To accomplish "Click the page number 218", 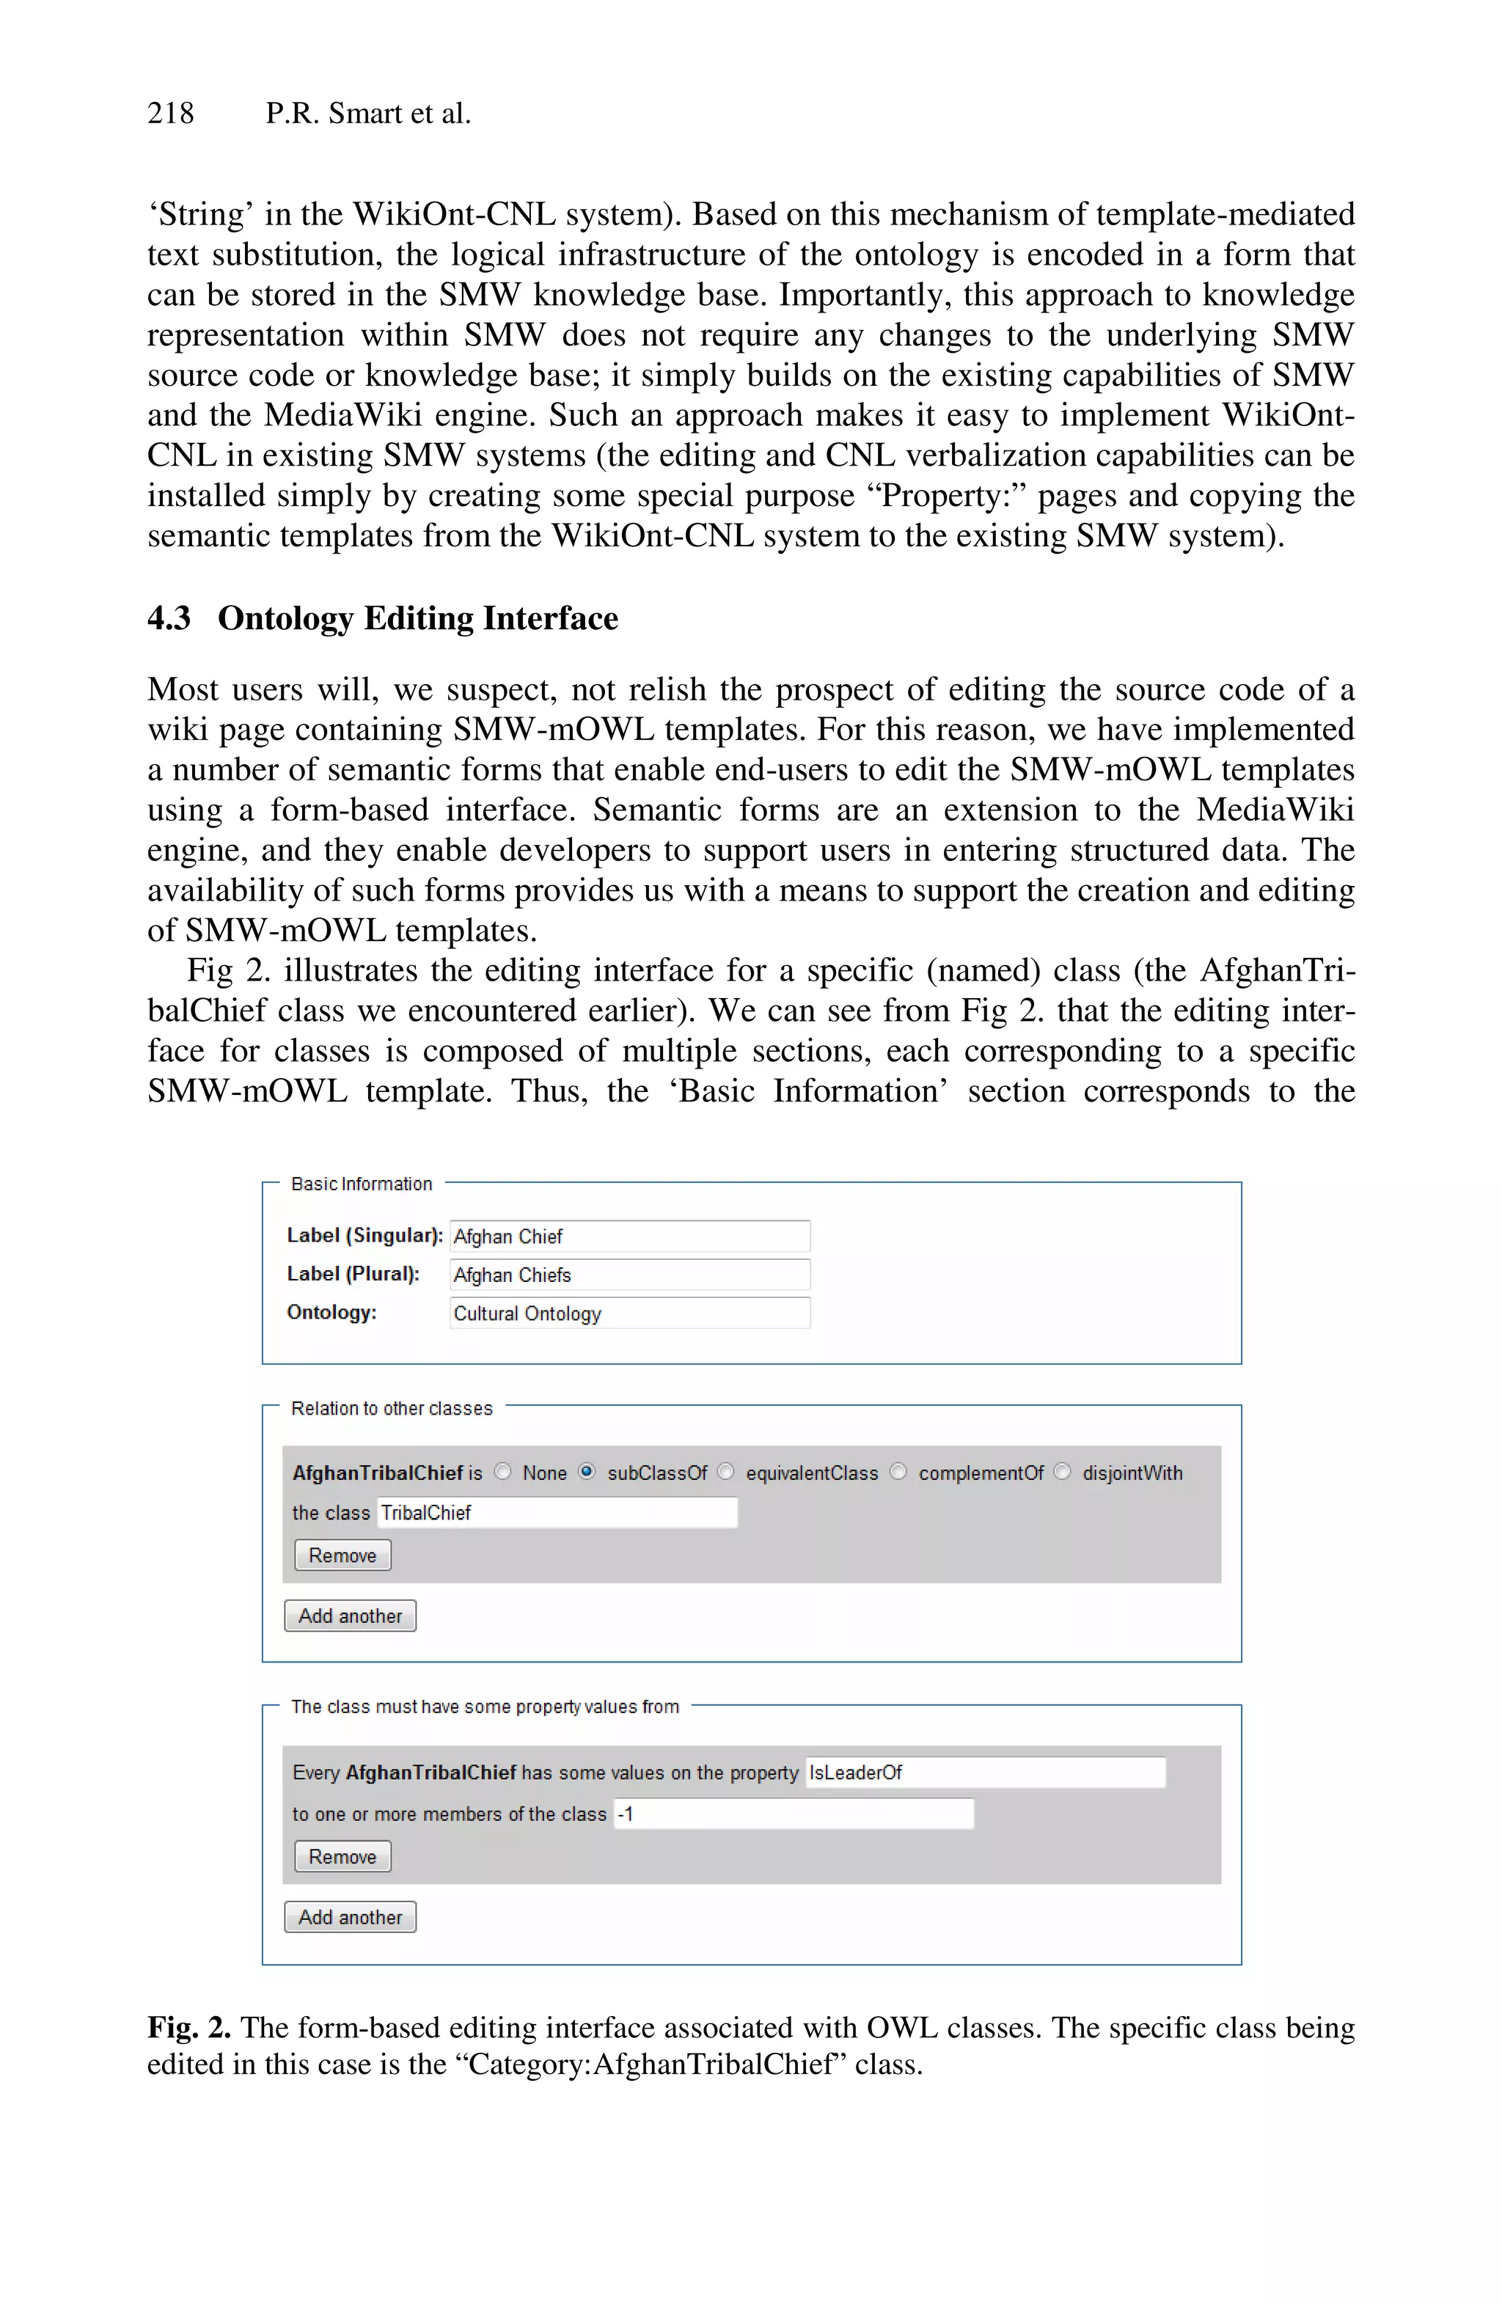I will pos(170,114).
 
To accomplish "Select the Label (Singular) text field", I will pos(629,1236).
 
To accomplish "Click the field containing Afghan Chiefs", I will pos(629,1275).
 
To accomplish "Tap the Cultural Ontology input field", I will pos(629,1313).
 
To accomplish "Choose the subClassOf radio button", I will pos(587,1471).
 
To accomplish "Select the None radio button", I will pos(502,1471).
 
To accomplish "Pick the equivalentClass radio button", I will pos(725,1471).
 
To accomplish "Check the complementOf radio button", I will pos(898,1471).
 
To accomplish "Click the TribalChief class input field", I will pos(557,1513).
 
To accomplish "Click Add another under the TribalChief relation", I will pos(350,1616).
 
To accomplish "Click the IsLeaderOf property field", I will pos(985,1773).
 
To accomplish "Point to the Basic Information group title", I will pos(362,1184).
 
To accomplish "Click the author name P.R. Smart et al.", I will pos(368,114).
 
